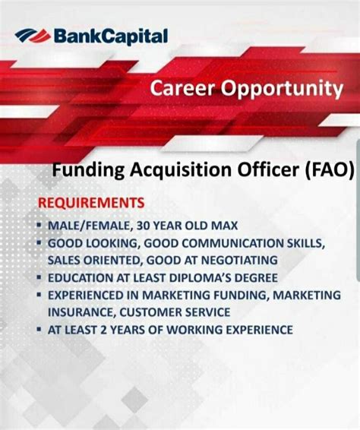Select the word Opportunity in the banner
point(282,88)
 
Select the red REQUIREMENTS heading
point(91,204)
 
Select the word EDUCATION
point(80,278)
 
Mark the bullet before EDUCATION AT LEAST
point(38,278)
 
